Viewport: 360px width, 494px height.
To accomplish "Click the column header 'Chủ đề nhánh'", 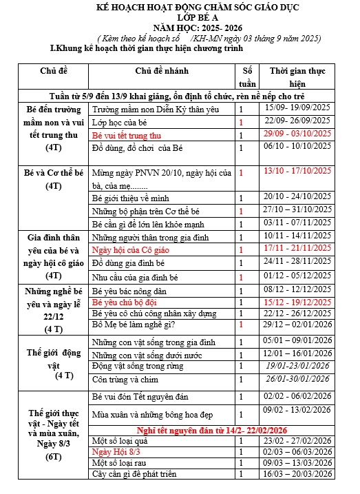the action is pyautogui.click(x=162, y=71).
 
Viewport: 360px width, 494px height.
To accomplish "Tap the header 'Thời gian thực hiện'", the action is pyautogui.click(x=297, y=76).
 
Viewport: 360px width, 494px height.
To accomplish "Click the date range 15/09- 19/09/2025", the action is pyautogui.click(x=297, y=108).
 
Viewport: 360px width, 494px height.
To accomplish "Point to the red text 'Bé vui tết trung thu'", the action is pyautogui.click(x=131, y=135).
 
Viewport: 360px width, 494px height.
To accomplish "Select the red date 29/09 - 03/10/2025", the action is pyautogui.click(x=297, y=134).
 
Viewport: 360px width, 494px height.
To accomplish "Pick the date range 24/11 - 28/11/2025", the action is pyautogui.click(x=297, y=263).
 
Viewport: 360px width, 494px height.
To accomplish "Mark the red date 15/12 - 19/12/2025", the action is pyautogui.click(x=297, y=302).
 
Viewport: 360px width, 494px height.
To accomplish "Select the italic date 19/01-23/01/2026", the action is pyautogui.click(x=297, y=366).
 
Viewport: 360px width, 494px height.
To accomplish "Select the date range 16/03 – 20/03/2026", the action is pyautogui.click(x=297, y=474).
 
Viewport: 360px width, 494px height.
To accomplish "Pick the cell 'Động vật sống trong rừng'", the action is pyautogui.click(x=135, y=366).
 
